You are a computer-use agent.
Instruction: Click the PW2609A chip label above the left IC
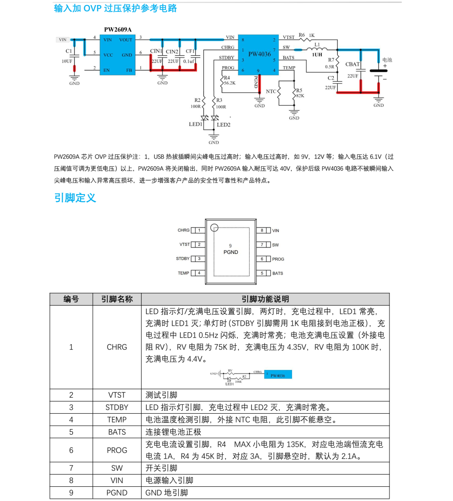pos(117,30)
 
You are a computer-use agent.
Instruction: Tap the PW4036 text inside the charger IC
pos(260,54)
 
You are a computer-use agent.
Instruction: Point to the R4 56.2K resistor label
pos(229,81)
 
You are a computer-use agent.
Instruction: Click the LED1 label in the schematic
pos(195,124)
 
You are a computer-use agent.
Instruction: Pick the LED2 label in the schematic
pos(224,124)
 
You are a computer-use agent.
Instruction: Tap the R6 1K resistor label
pos(306,35)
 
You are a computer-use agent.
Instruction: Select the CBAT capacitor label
pos(352,64)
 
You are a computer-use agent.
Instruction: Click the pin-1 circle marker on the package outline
pos(214,227)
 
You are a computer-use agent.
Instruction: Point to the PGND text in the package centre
pos(230,252)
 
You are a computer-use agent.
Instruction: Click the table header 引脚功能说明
pos(265,299)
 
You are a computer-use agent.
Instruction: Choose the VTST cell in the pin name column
pos(117,395)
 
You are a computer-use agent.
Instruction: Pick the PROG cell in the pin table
pos(117,450)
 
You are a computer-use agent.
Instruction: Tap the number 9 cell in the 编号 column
pos(71,493)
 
